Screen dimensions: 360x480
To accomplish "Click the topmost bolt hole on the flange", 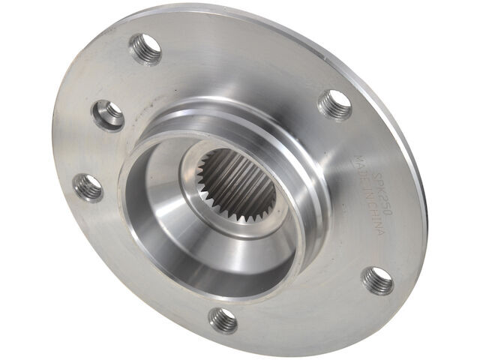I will [x=145, y=49].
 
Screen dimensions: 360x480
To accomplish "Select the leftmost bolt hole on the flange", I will [x=88, y=187].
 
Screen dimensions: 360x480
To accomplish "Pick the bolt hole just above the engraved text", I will [x=334, y=105].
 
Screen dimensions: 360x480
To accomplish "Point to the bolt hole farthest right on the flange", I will [x=377, y=280].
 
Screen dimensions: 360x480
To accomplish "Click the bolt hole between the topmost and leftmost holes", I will [x=109, y=115].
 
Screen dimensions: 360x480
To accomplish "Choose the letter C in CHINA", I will [x=368, y=204].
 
